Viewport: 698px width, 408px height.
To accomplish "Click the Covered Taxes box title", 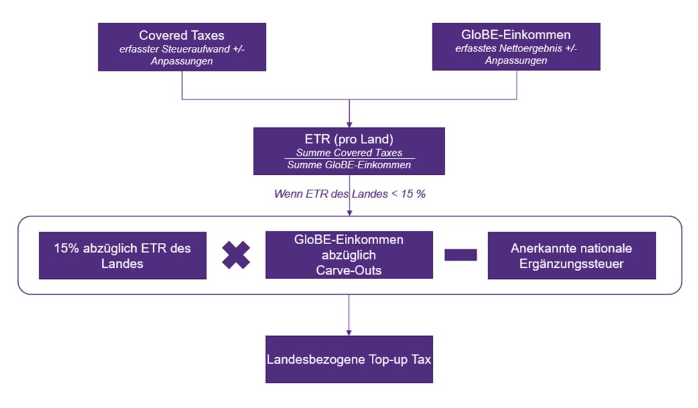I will (x=181, y=35).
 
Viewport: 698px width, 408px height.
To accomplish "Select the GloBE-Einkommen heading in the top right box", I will (x=516, y=35).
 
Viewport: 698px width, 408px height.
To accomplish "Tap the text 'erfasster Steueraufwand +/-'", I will (x=181, y=48).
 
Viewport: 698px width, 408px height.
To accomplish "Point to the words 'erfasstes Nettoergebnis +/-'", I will (x=516, y=48).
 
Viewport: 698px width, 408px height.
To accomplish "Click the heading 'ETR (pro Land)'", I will (x=349, y=139).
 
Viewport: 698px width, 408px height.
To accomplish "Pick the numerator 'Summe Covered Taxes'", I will (x=349, y=153).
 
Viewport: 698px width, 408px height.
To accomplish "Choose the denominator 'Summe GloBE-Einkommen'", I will (x=349, y=164).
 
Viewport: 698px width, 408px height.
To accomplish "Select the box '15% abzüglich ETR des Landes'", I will (x=122, y=256).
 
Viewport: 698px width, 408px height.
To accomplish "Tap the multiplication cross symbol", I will (x=236, y=255).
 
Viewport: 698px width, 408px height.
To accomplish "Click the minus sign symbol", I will (x=461, y=255).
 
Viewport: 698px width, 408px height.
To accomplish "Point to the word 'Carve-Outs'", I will (x=349, y=270).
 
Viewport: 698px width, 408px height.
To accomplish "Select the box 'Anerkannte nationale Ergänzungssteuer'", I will (x=571, y=256).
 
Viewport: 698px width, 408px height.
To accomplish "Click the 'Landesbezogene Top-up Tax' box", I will (x=349, y=359).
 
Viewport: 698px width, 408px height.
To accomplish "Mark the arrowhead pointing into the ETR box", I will (x=349, y=123).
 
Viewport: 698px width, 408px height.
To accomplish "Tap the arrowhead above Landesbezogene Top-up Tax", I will (x=349, y=332).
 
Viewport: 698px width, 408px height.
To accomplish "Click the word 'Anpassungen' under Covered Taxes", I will (x=181, y=60).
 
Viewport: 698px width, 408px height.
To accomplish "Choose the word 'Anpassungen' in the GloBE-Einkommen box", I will (x=516, y=60).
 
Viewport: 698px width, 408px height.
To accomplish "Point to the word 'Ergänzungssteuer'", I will (x=571, y=263).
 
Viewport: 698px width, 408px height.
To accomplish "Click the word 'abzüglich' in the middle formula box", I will (x=349, y=255).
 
